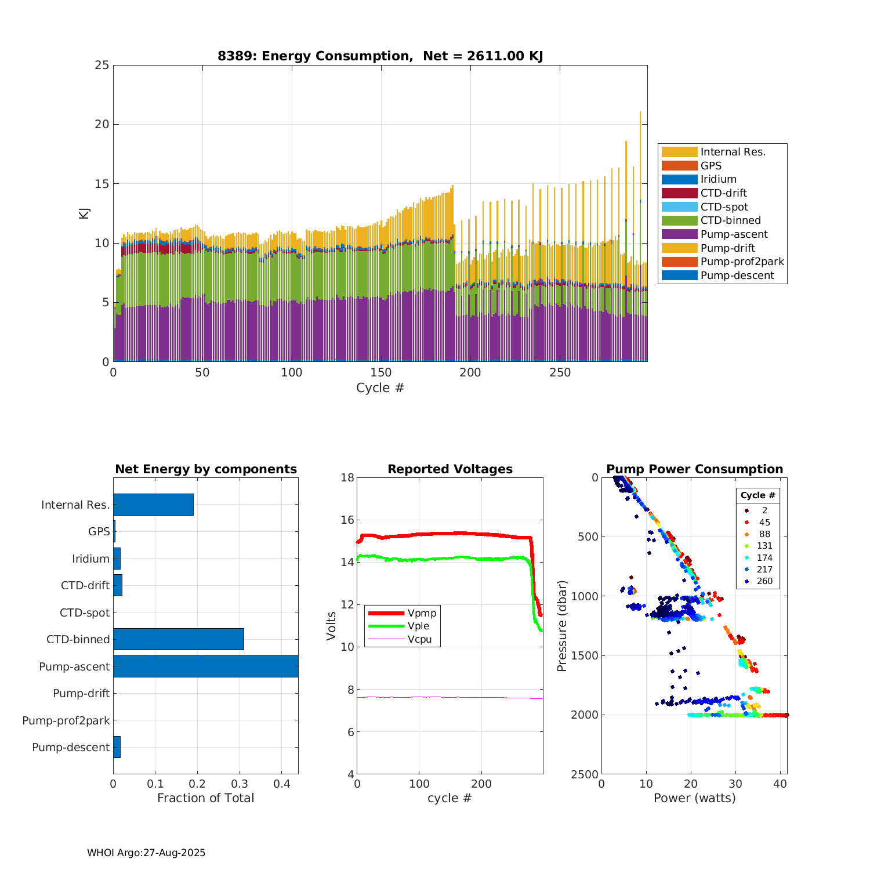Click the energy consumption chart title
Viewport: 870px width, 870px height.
click(x=380, y=56)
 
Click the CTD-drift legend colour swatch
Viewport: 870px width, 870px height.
click(x=679, y=193)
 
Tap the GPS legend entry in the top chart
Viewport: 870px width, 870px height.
click(x=710, y=166)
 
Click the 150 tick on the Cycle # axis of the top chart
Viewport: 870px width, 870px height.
click(x=380, y=373)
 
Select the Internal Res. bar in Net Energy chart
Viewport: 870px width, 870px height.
click(x=153, y=505)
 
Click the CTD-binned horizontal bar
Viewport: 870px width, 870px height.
click(x=178, y=639)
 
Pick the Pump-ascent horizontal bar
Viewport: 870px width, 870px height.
click(x=205, y=666)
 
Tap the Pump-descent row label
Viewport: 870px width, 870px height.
click(x=71, y=748)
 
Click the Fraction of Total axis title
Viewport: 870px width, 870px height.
click(x=205, y=798)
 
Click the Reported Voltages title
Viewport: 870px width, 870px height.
click(x=450, y=469)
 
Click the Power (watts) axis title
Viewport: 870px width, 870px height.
click(x=694, y=798)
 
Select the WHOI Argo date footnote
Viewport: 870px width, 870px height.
click(x=146, y=853)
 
